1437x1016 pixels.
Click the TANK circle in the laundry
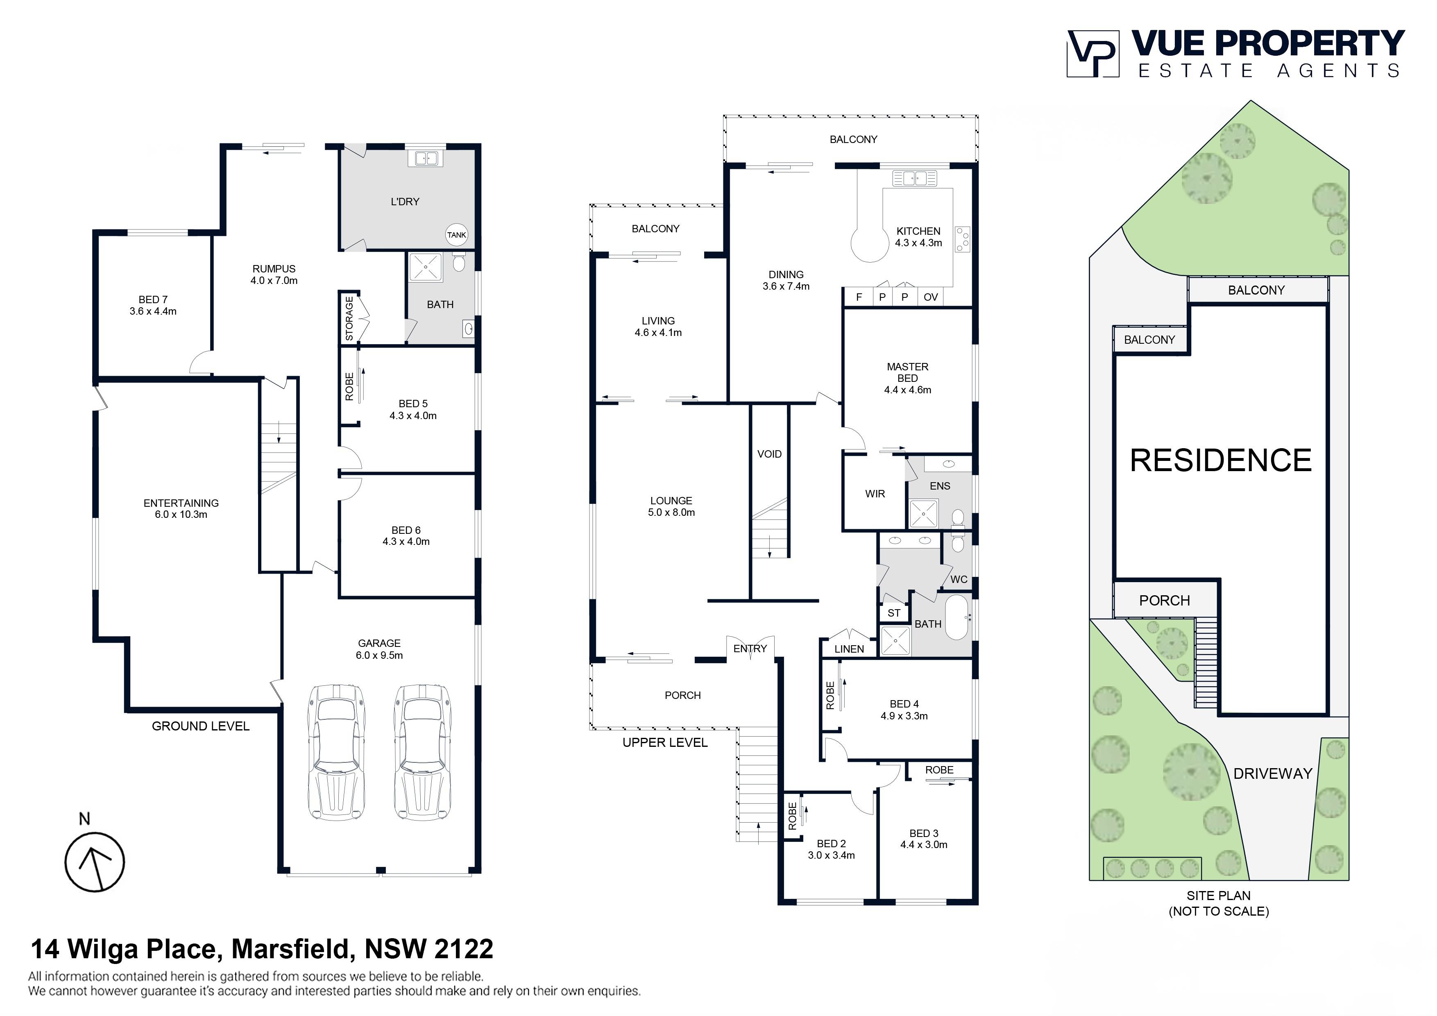tap(456, 235)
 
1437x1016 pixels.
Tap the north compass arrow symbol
tap(95, 862)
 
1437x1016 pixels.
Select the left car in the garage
tap(337, 751)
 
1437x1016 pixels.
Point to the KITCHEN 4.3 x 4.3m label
tap(918, 237)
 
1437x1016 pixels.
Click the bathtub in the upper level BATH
tap(956, 617)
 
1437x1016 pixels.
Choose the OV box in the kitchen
tap(931, 297)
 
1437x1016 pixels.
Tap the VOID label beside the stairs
tap(769, 454)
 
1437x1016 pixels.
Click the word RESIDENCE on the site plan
tap(1220, 461)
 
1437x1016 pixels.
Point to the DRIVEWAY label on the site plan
tap(1272, 774)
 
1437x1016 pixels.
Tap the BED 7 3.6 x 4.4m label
tap(153, 305)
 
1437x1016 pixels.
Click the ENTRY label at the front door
tap(750, 649)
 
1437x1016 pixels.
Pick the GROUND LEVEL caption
tap(200, 726)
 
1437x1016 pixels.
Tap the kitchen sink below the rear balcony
tap(914, 178)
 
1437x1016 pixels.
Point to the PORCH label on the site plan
tap(1164, 600)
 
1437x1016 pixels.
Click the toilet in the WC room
tap(957, 542)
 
